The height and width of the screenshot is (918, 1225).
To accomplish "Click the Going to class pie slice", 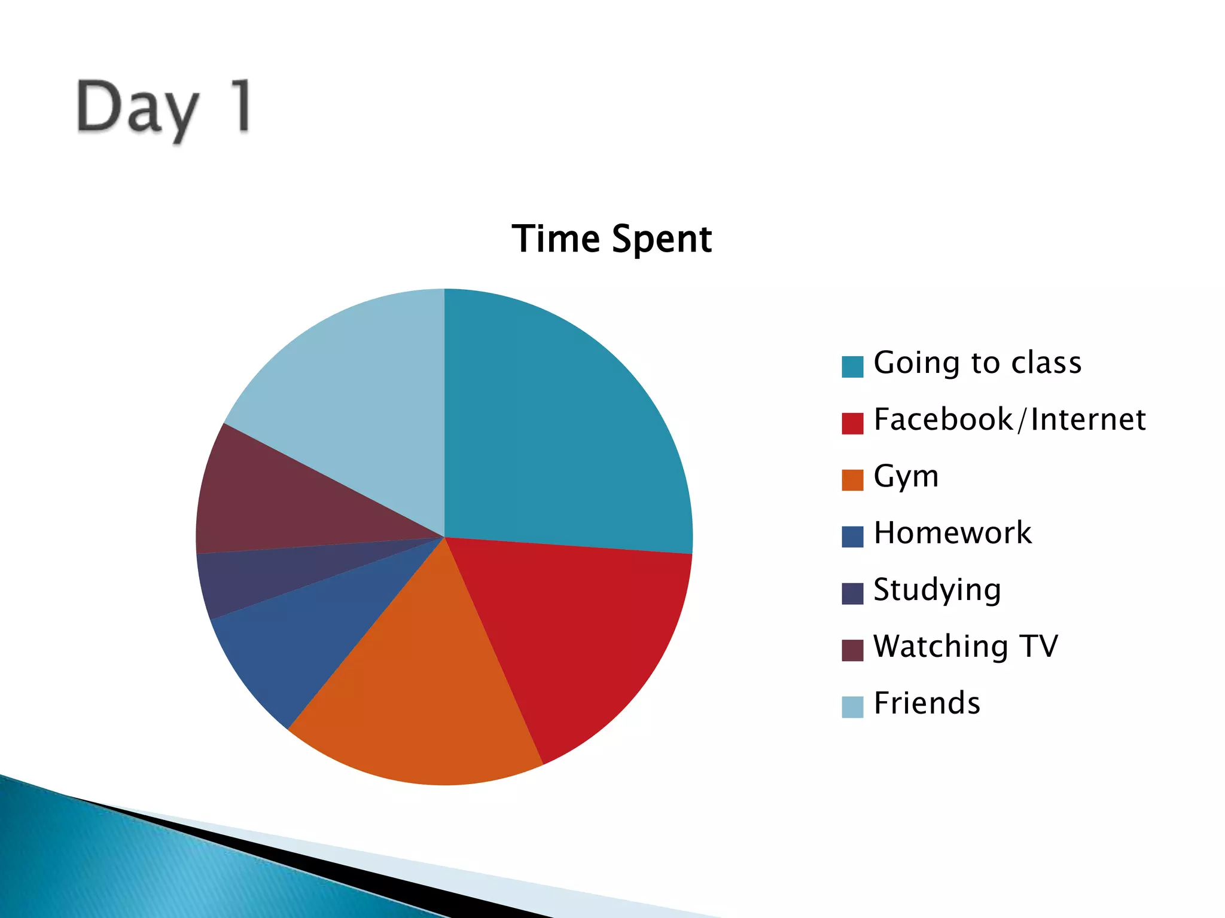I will click(562, 430).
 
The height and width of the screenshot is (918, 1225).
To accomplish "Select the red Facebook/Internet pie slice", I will click(574, 634).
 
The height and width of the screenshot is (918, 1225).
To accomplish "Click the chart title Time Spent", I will click(612, 239).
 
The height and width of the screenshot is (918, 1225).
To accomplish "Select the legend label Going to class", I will click(977, 363).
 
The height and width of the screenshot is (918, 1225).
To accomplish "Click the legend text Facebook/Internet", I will click(1010, 420).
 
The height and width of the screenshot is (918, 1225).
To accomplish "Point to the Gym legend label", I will click(906, 477).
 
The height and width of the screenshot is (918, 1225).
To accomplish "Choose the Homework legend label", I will click(952, 533).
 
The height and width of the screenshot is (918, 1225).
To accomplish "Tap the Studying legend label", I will click(937, 590).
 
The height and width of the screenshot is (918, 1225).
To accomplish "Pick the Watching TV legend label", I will click(965, 647).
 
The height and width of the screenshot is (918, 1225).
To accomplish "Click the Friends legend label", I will click(927, 703).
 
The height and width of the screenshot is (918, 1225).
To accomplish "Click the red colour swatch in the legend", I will click(852, 423).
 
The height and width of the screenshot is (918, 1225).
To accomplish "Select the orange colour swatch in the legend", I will click(852, 480).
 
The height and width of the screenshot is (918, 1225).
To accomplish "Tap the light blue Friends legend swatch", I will click(852, 707).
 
